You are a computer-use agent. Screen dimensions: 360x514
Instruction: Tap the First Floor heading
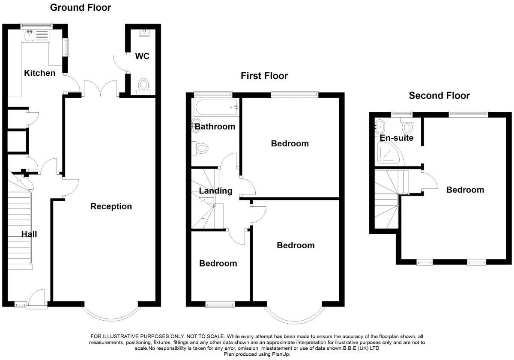point(264,76)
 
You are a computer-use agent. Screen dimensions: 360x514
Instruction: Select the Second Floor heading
point(439,95)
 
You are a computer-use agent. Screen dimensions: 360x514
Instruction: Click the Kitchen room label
point(39,73)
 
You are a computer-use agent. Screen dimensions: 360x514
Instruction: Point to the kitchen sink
point(30,36)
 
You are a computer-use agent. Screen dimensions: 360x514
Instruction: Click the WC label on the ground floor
point(142,56)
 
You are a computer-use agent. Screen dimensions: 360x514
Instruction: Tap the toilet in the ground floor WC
point(143,85)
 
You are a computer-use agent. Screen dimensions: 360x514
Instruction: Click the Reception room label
point(111,206)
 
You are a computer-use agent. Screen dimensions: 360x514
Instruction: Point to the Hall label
point(30,234)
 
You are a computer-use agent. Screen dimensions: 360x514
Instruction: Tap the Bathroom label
point(215,127)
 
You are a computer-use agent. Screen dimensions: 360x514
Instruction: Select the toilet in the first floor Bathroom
point(200,148)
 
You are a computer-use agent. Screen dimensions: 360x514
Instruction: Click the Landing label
point(215,191)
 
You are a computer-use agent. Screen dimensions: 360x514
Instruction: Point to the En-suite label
point(396,138)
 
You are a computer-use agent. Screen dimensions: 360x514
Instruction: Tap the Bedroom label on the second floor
point(465,190)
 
